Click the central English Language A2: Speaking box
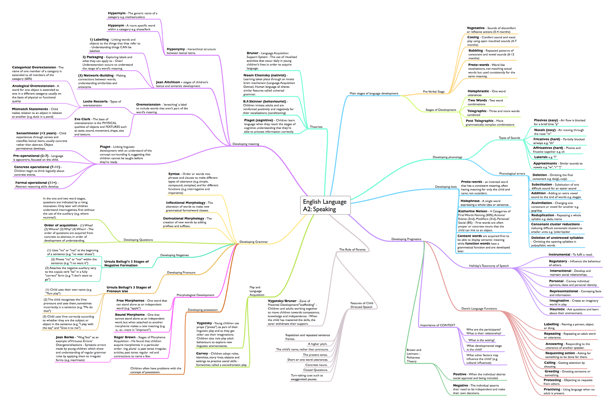325,205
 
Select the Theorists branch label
316,127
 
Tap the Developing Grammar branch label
254,242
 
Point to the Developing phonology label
447,157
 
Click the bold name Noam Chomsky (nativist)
264,75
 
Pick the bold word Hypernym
117,13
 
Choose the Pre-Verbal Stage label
434,92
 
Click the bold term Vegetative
475,28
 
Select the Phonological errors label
512,174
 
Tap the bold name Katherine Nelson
473,211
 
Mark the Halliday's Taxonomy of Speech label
489,266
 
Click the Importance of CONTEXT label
437,325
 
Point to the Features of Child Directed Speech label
361,305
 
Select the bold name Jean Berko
65,337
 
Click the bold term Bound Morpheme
130,315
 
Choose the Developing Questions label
138,240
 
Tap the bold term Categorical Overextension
34,67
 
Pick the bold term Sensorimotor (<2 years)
36,133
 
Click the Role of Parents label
352,250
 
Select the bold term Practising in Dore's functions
552,390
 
